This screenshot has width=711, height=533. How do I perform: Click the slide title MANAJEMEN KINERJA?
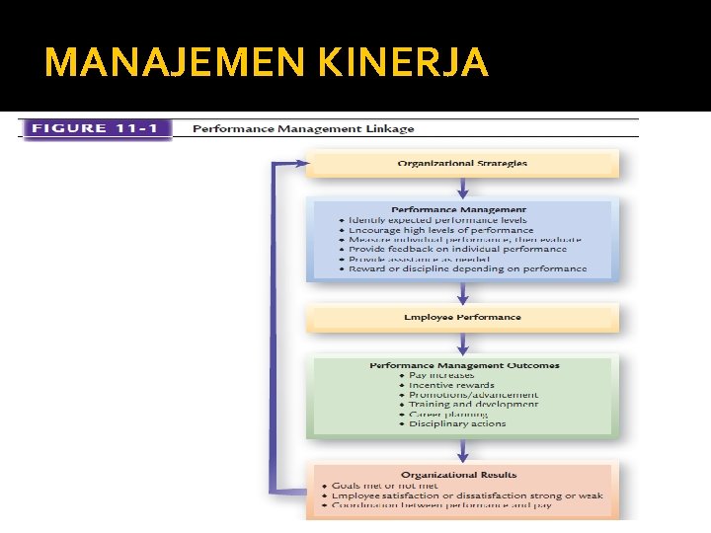point(267,63)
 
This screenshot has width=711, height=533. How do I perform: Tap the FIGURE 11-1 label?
point(96,128)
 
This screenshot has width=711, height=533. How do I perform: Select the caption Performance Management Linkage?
point(302,128)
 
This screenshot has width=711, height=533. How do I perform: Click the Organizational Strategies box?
point(462,163)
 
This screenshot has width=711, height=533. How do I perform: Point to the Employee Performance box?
point(462,317)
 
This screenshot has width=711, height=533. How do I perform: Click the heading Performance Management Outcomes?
point(464,365)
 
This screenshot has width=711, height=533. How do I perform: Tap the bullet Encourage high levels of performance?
point(440,230)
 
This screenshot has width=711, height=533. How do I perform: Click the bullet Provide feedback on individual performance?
point(457,250)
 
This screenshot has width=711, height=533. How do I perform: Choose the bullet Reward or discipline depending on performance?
point(467,268)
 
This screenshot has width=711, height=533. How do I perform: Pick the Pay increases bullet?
point(441,375)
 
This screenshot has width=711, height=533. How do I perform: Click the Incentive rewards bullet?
point(451,385)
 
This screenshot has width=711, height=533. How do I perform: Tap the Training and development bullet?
point(473,404)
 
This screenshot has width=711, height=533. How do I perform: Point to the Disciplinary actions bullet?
point(457,423)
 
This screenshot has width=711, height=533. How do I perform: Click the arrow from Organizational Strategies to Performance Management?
point(462,188)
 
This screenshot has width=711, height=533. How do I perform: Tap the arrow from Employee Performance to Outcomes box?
point(462,343)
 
